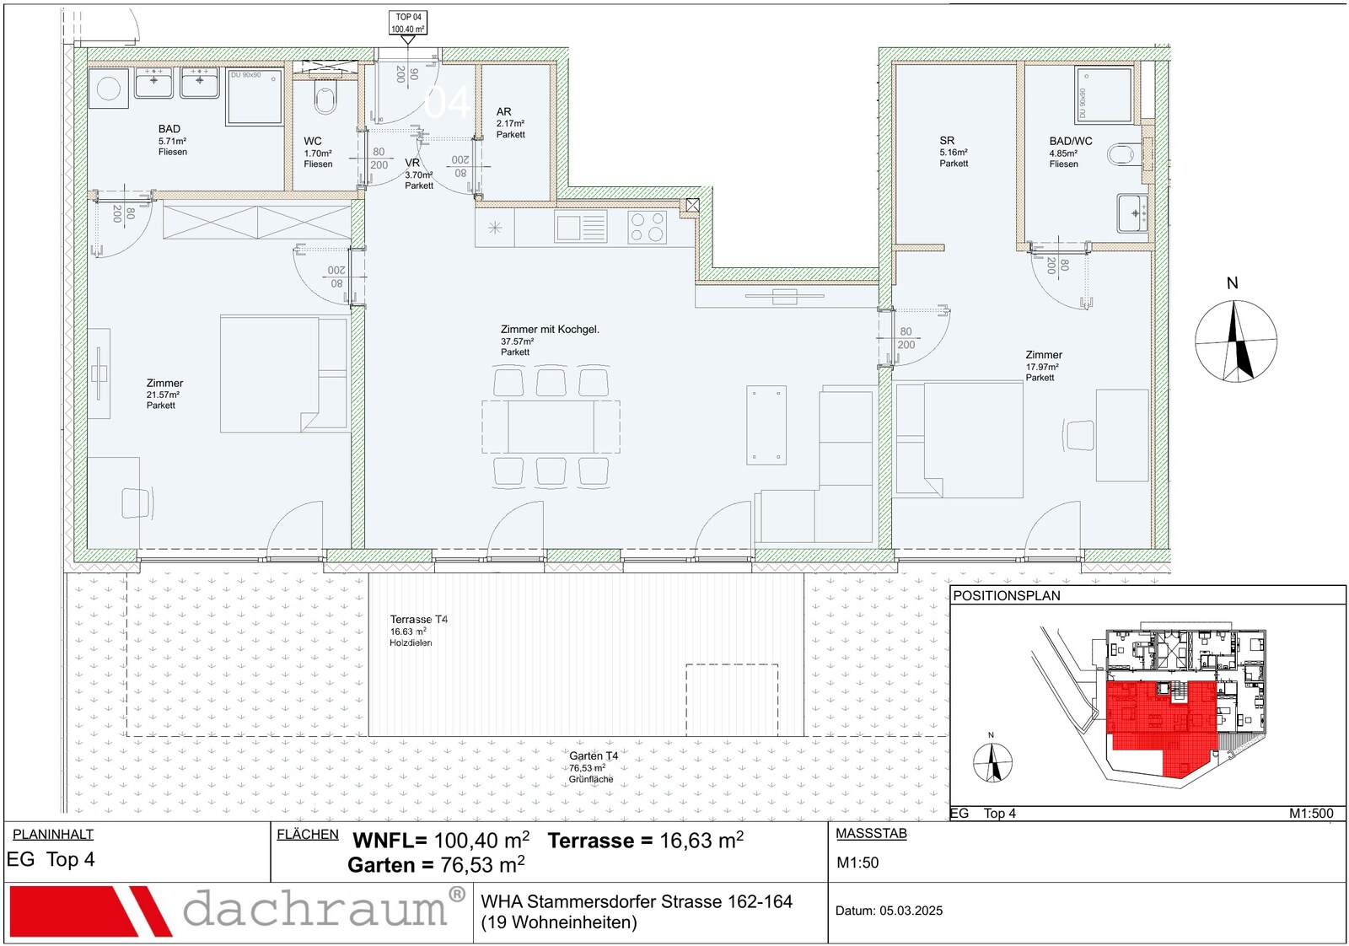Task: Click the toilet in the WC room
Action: pos(325,100)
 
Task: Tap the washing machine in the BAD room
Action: pos(109,88)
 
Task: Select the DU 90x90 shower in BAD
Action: pos(255,97)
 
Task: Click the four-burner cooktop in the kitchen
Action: pos(647,227)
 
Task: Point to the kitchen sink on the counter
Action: pos(581,228)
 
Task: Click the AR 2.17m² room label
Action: pos(511,123)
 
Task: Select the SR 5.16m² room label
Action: pos(954,152)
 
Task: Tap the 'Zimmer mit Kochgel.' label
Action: pos(550,330)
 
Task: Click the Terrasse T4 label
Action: pos(418,619)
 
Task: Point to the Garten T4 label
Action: pos(594,755)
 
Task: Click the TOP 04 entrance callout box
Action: pos(408,23)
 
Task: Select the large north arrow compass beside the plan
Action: pos(1236,341)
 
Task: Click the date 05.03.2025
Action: pos(911,911)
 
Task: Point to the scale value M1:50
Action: pos(857,863)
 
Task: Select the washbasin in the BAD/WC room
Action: pos(1132,212)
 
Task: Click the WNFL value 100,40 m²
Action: pos(481,840)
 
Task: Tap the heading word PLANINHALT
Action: pos(53,834)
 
